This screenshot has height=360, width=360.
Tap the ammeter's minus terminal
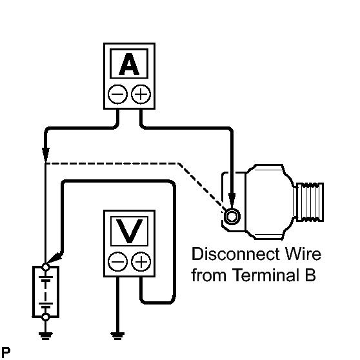117,94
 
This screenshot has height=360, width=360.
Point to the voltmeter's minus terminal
117,262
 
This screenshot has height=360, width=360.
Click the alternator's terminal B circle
230,214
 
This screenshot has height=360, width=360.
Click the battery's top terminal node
44,266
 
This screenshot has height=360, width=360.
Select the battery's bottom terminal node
44,317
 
